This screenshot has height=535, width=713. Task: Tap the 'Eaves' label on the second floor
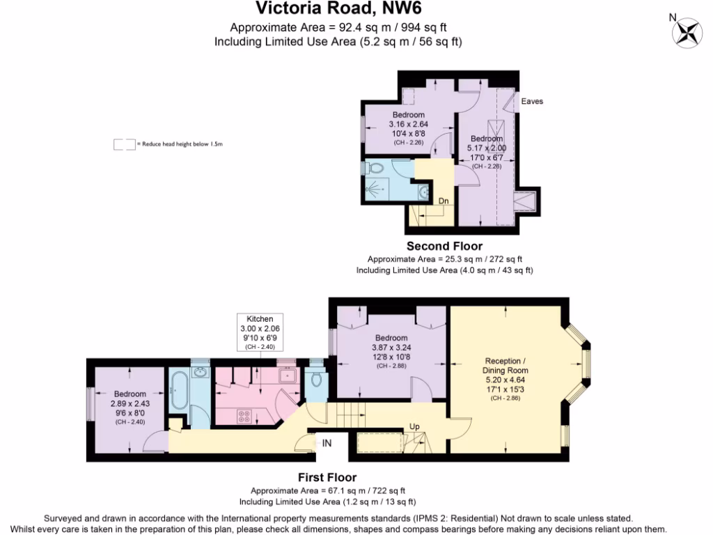(532, 101)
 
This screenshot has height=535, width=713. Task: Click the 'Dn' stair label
(444, 201)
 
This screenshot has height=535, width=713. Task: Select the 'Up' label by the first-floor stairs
(415, 426)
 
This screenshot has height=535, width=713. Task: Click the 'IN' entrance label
(327, 442)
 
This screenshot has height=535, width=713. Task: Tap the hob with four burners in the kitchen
(244, 417)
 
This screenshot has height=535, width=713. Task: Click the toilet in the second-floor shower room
(374, 167)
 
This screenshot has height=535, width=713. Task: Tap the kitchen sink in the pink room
(287, 375)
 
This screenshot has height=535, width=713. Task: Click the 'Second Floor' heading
(444, 246)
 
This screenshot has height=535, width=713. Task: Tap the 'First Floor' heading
(327, 477)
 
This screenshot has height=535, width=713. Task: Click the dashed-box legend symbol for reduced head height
(124, 144)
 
